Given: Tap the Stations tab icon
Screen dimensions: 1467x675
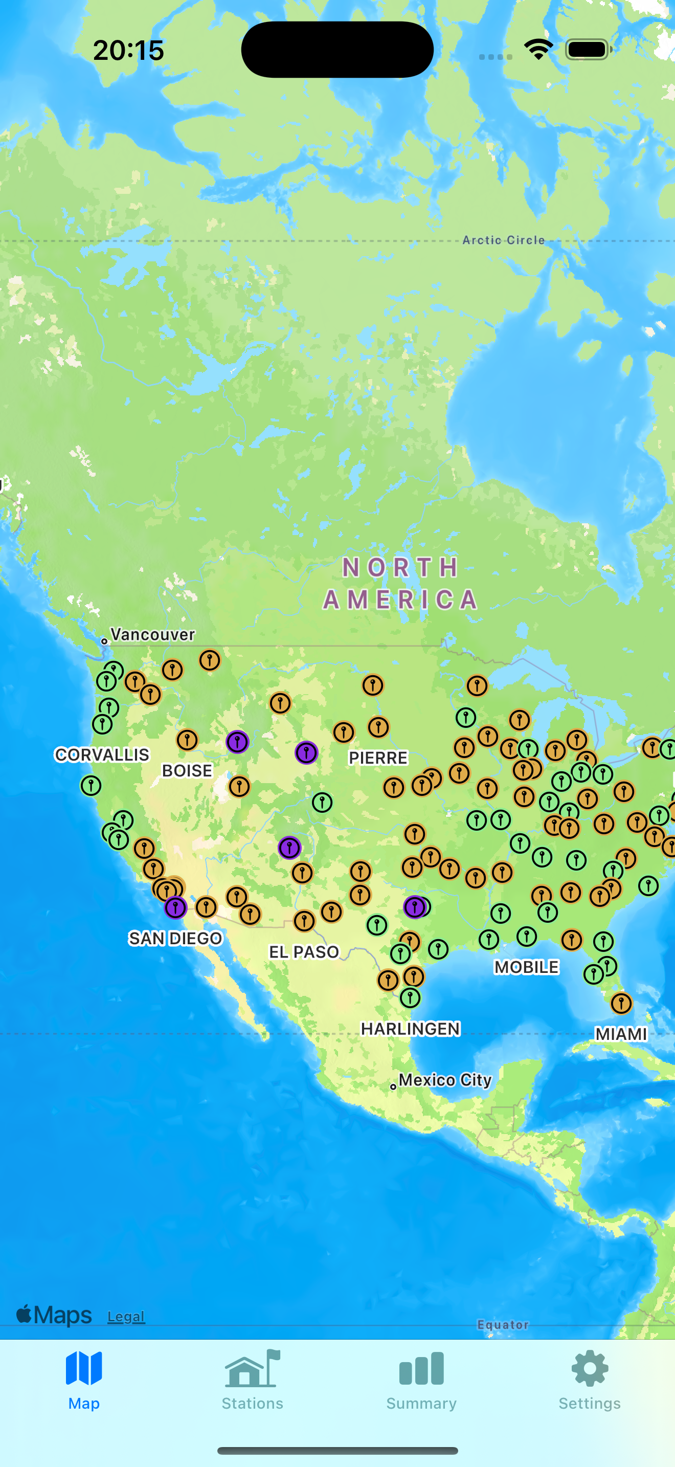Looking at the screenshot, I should click(252, 1369).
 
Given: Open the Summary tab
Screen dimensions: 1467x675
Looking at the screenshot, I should click(421, 1369).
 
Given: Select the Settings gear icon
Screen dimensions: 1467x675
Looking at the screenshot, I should click(590, 1368).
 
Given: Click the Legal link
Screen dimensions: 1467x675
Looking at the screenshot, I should click(126, 1316).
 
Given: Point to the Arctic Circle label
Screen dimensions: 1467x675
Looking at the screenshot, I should click(503, 240).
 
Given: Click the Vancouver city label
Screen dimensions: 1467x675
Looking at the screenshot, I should click(152, 634).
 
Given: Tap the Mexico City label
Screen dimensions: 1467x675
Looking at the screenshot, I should click(444, 1080).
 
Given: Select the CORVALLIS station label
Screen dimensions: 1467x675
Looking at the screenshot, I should click(102, 754).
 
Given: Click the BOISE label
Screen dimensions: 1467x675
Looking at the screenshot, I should click(187, 770).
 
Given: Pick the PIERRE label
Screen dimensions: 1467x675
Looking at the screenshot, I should click(378, 758).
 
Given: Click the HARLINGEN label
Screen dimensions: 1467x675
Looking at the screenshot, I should click(410, 1029).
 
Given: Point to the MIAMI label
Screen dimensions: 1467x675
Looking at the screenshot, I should click(621, 1034).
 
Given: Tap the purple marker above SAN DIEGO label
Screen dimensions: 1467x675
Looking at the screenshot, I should click(175, 907).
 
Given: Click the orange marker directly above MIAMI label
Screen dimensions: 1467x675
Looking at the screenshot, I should click(621, 1003).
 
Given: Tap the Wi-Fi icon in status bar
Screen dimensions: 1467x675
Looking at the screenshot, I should click(538, 50).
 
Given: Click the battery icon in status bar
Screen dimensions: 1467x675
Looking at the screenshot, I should click(588, 50).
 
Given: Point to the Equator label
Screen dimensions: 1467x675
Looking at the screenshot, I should click(503, 1325).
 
